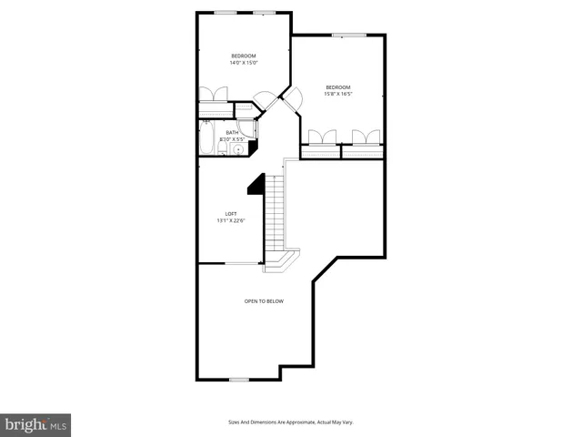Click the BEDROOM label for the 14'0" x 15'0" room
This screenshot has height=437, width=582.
(244, 56)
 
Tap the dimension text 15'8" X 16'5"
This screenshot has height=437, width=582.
(337, 94)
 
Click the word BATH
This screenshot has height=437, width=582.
(232, 133)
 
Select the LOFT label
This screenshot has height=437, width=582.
(231, 214)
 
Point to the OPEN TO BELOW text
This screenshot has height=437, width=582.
(264, 300)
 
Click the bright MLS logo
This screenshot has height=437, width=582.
(36, 423)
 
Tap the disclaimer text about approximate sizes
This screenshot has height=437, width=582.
(290, 422)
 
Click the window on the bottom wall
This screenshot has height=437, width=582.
(239, 380)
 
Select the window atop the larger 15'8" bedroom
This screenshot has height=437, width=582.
(343, 36)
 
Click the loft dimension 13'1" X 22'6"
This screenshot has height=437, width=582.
(231, 221)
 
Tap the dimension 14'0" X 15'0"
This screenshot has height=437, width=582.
(244, 63)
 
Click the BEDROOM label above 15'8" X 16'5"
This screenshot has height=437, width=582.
(337, 87)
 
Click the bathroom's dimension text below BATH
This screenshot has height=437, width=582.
(232, 139)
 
